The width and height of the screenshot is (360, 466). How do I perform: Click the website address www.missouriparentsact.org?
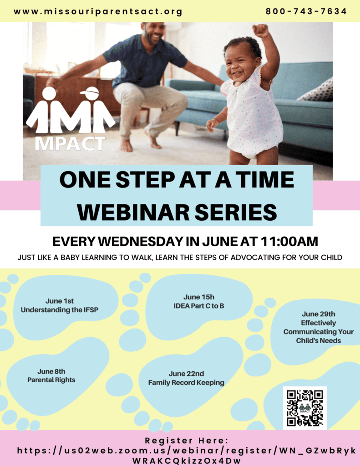coord(98,12)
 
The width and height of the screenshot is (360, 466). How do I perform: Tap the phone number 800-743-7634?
coord(306,11)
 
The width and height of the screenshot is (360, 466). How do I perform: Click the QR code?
coord(305,408)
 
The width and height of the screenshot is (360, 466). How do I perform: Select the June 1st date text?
coord(60,301)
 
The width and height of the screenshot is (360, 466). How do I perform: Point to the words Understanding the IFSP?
coord(60,309)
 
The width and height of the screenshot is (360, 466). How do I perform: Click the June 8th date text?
coord(51,371)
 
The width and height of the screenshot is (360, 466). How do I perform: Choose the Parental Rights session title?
coord(51,380)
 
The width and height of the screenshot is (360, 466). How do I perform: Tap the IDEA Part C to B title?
coord(198,306)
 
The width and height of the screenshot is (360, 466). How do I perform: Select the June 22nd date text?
coord(186,374)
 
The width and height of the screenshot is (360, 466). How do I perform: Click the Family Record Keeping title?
coord(186,382)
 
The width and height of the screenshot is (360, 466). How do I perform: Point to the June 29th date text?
coord(319,314)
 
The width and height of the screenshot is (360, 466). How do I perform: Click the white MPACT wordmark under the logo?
coord(70,144)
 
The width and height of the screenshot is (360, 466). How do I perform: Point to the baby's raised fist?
coord(260,30)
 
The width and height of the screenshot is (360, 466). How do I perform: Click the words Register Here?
coord(187,441)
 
